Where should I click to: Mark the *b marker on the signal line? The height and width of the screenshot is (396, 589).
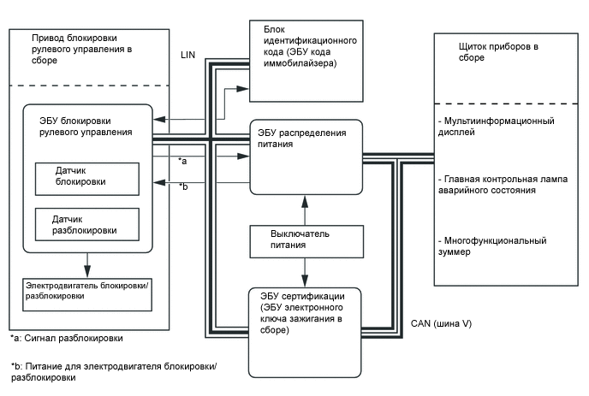[x=182, y=186]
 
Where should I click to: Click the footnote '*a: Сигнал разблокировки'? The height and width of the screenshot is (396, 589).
[x=61, y=338]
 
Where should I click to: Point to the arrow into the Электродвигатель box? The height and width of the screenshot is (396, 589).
[x=86, y=264]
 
